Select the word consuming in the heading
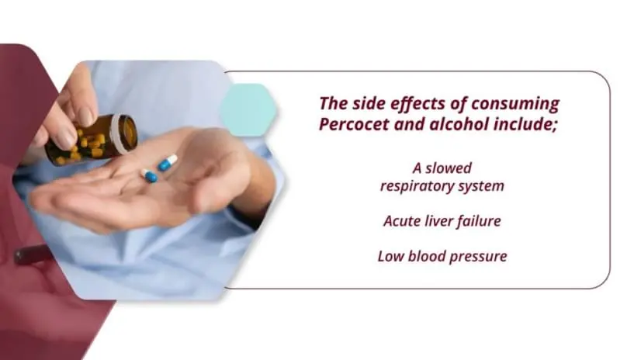[x=513, y=103]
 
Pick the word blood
[x=425, y=255]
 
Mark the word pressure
[x=478, y=255]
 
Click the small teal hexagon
[x=247, y=109]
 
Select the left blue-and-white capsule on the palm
[x=149, y=175]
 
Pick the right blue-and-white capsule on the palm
[x=168, y=162]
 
